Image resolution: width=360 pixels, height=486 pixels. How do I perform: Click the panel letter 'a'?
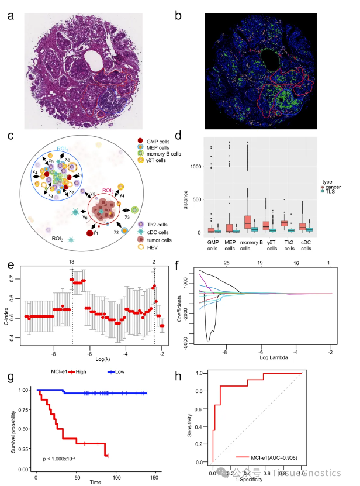[x=11, y=16]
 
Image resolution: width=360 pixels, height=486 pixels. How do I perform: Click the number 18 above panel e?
[x=72, y=262]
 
